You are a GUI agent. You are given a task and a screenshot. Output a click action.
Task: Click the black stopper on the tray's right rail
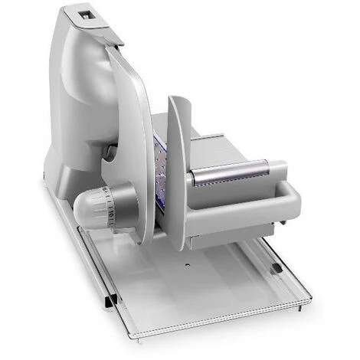[x=275, y=267]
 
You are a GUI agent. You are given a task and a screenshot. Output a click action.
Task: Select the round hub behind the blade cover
[x=112, y=150]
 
